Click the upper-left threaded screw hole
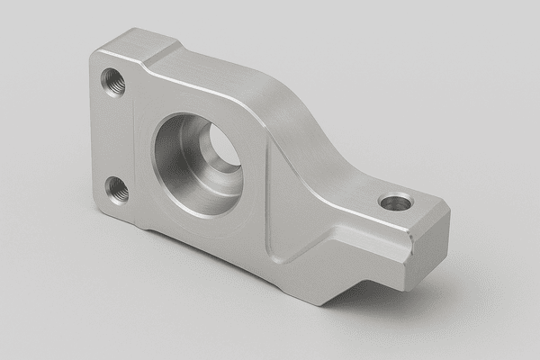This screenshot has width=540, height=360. pyautogui.click(x=114, y=83)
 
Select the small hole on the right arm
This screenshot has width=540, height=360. pyautogui.click(x=393, y=202)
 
